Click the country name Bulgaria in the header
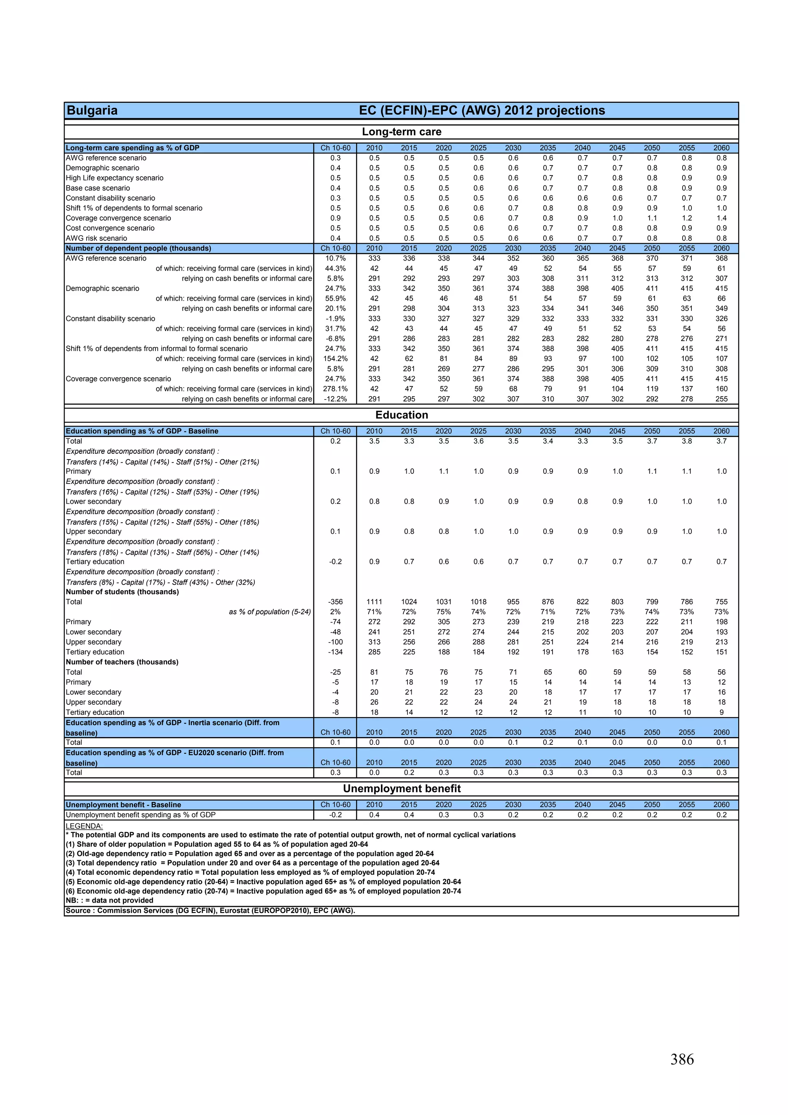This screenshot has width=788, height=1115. coord(92,110)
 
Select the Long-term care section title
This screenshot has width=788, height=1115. coord(402,132)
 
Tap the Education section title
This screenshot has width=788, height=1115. coord(402,415)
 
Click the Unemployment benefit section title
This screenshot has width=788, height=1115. coord(402,788)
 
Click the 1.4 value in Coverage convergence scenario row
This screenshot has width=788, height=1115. coord(721,218)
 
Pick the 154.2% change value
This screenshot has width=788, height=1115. coord(335,358)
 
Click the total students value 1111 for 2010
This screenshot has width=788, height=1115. coord(374,602)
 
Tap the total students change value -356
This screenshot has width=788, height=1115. coord(335,602)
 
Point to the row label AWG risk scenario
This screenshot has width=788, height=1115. coord(96,238)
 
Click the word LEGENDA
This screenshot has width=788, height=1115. coord(84,826)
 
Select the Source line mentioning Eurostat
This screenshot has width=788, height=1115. coord(210,911)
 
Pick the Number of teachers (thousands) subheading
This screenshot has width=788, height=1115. coord(122,662)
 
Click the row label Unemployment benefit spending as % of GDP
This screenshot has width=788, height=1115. coord(140,815)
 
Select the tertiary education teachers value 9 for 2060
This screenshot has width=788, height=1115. coord(721,712)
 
